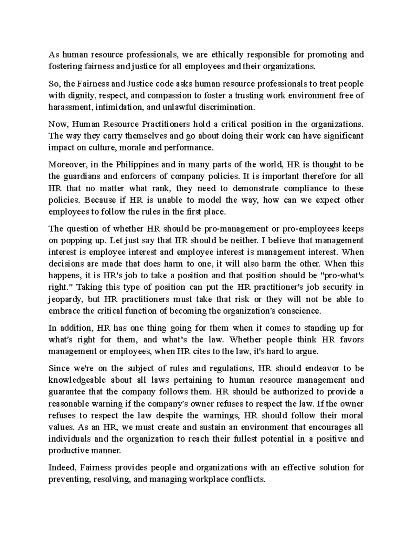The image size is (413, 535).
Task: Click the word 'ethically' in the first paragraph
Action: coord(227,55)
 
